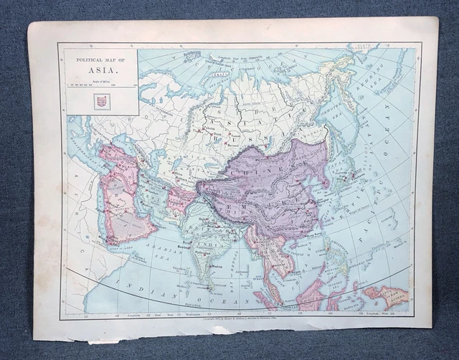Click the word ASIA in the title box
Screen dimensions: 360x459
100,70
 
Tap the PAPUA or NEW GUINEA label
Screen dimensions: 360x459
387,294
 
